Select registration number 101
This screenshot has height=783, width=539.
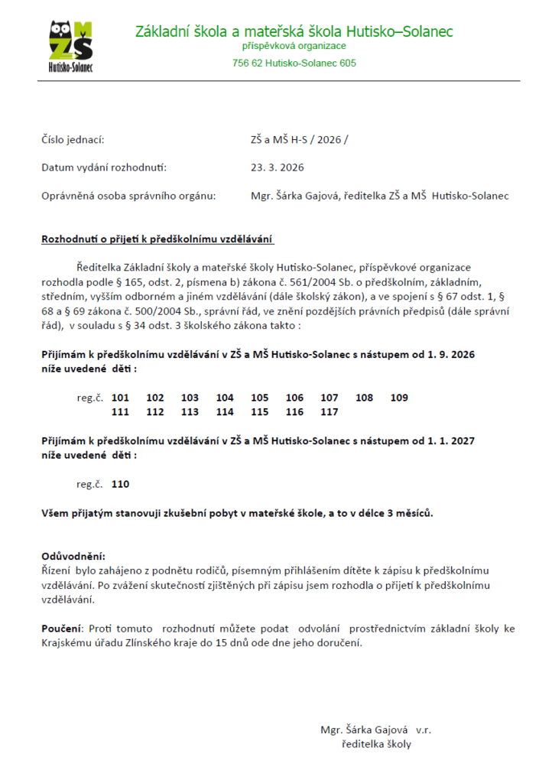120,398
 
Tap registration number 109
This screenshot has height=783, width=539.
399,398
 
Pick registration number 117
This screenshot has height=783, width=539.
330,411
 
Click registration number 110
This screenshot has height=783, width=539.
120,484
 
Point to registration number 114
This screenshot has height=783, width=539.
225,411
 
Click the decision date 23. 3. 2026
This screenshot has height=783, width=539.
277,167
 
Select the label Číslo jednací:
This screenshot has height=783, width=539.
73,140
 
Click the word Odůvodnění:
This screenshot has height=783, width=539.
73,556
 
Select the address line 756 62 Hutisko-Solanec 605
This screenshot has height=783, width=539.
294,63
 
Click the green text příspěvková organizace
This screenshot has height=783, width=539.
294,47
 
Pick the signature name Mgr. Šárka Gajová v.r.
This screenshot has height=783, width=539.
376,729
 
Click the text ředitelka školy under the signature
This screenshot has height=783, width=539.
376,743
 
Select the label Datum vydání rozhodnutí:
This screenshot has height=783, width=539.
103,167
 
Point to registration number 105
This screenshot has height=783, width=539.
260,398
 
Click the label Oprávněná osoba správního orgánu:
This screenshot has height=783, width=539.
128,196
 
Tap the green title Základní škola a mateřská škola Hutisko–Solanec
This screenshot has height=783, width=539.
294,31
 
